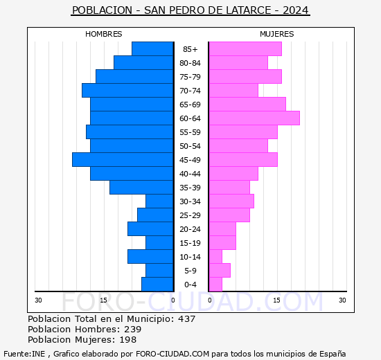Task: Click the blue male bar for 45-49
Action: tap(123, 160)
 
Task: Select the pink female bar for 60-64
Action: tap(254, 118)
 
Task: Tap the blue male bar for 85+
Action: tap(152, 49)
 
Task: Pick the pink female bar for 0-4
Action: tap(215, 285)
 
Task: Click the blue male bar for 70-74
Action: tap(127, 91)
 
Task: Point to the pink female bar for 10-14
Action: tap(215, 257)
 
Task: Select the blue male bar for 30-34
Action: tap(159, 201)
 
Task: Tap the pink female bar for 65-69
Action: tap(247, 105)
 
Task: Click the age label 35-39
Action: tap(190, 188)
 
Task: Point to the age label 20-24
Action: tap(190, 229)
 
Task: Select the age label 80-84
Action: tap(190, 63)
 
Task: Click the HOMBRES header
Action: tap(104, 34)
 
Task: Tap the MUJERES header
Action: tap(277, 34)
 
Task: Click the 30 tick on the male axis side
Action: tap(39, 300)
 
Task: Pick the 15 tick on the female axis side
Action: tap(276, 300)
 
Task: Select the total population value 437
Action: tap(186, 319)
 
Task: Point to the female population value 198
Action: tap(127, 340)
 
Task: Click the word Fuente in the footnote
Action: tap(17, 353)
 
